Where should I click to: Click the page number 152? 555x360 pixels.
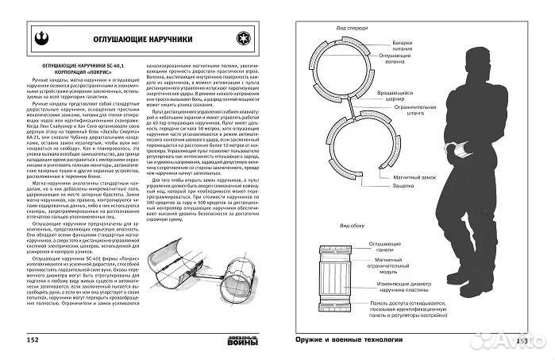32,340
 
